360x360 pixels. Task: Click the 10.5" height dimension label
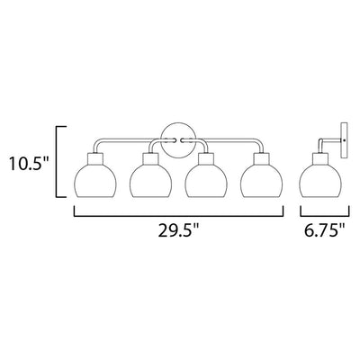pos(29,163)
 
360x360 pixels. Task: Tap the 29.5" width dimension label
pos(179,230)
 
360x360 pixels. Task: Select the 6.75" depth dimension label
pos(325,230)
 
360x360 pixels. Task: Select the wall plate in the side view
pos(345,140)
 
